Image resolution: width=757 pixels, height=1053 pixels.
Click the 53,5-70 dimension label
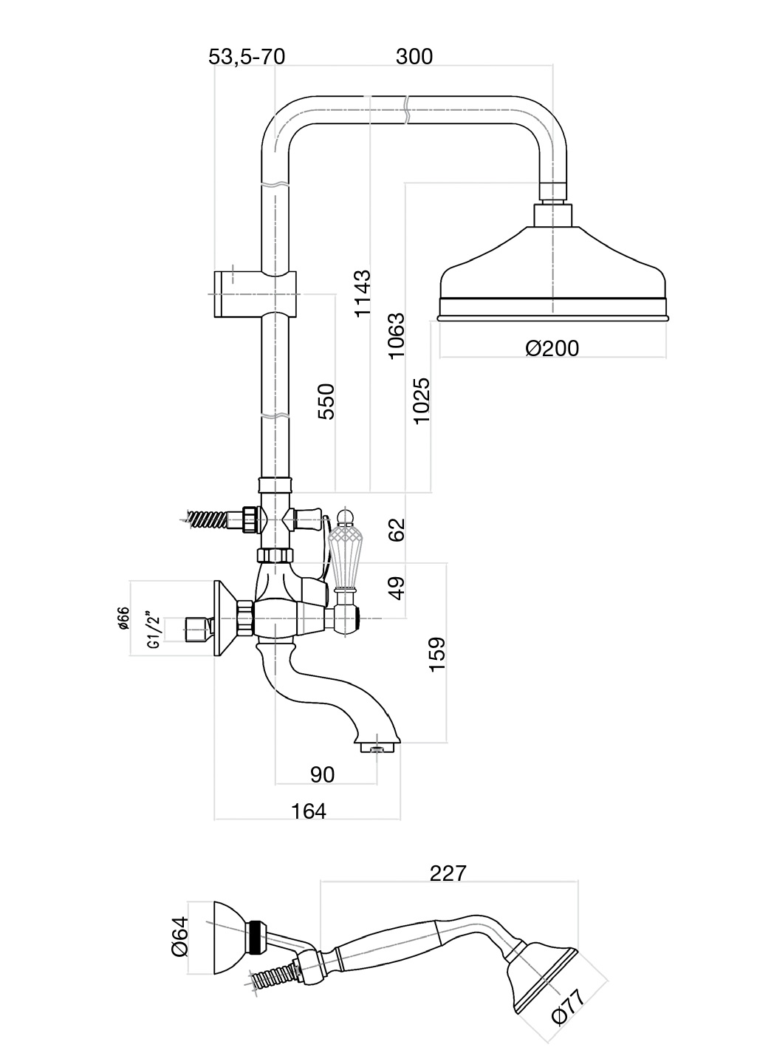[x=246, y=57]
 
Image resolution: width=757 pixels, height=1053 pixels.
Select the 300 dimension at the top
[x=414, y=57]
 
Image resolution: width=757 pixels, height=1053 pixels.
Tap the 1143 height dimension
[x=362, y=294]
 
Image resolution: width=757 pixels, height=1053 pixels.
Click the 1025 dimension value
[x=422, y=401]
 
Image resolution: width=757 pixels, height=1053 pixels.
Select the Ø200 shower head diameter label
[x=552, y=348]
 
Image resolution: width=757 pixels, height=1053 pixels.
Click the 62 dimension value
[x=397, y=530]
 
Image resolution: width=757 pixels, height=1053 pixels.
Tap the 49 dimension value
[x=397, y=588]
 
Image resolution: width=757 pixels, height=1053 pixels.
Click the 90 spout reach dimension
[x=322, y=774]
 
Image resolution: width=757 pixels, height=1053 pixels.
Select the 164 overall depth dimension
[x=308, y=811]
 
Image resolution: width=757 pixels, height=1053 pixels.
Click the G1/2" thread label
[x=154, y=630]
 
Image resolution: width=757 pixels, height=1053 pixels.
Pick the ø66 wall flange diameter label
[x=123, y=618]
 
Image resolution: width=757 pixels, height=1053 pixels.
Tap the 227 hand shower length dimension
[x=448, y=873]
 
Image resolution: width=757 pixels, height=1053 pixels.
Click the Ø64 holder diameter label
[x=179, y=937]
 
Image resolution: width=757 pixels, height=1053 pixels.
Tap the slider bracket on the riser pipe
[x=255, y=295]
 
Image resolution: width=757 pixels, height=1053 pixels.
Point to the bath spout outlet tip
[x=377, y=748]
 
